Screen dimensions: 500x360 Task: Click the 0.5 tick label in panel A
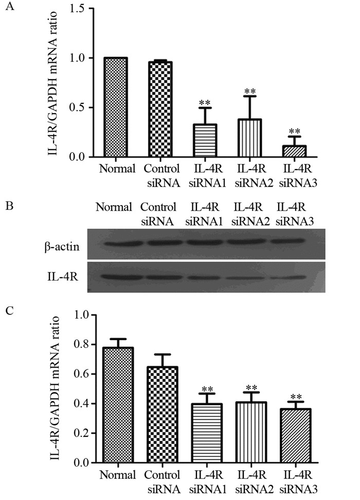point(76,107)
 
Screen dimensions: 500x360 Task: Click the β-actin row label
point(61,247)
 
